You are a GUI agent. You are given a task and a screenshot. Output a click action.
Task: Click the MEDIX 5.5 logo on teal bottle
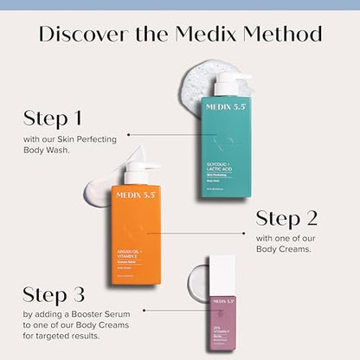[228, 108]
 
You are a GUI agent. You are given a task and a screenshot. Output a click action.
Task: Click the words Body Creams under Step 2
[286, 248]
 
